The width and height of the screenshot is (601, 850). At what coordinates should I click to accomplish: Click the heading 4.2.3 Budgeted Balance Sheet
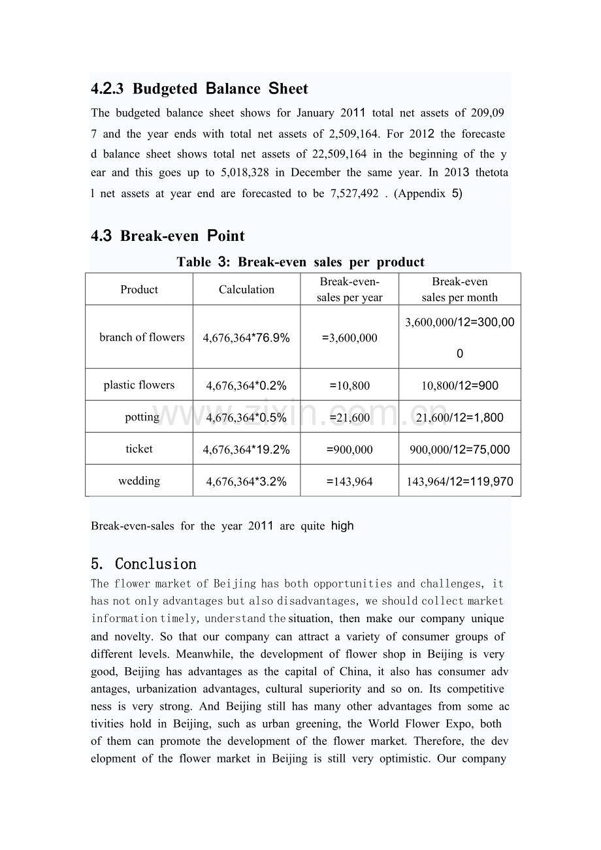pyautogui.click(x=199, y=89)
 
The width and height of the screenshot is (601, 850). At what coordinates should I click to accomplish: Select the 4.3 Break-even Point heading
pyautogui.click(x=168, y=236)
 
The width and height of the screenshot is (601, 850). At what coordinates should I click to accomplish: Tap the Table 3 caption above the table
pyautogui.click(x=300, y=262)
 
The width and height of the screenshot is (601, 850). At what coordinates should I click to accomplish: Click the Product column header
pyautogui.click(x=139, y=289)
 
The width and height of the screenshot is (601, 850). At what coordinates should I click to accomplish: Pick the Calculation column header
pyautogui.click(x=246, y=289)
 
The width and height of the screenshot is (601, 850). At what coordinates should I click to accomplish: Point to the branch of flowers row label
pyautogui.click(x=142, y=337)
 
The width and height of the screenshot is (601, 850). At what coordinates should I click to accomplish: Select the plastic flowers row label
pyautogui.click(x=139, y=385)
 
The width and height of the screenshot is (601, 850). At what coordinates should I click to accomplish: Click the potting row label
pyautogui.click(x=142, y=417)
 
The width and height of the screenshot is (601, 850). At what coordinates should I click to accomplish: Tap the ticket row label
pyautogui.click(x=139, y=449)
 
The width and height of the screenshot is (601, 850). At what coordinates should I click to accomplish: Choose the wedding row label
pyautogui.click(x=139, y=480)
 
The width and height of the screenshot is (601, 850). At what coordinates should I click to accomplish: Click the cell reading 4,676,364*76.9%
pyautogui.click(x=246, y=338)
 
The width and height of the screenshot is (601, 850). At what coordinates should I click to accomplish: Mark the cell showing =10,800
pyautogui.click(x=349, y=385)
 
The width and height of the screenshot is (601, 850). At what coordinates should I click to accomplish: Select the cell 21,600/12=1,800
pyautogui.click(x=460, y=417)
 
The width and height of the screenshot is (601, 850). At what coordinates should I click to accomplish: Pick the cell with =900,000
pyautogui.click(x=349, y=449)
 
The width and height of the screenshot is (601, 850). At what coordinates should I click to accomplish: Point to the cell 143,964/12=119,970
pyautogui.click(x=460, y=482)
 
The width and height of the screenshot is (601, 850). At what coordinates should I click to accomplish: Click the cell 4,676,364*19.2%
pyautogui.click(x=246, y=449)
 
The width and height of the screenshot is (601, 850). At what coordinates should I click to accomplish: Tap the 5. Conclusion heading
pyautogui.click(x=144, y=563)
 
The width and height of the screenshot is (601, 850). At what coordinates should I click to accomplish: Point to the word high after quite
pyautogui.click(x=342, y=526)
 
